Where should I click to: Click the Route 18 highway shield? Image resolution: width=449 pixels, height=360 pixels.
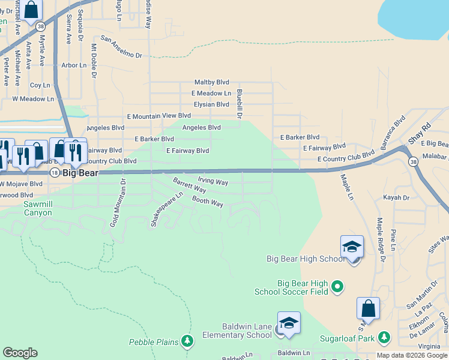(54, 172)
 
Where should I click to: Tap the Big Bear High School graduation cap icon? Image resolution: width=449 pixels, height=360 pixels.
(352, 247)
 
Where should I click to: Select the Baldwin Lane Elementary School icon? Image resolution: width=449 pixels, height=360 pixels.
(289, 323)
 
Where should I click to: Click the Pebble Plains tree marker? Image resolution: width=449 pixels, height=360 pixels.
(188, 341)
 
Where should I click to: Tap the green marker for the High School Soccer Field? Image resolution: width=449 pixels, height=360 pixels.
(337, 287)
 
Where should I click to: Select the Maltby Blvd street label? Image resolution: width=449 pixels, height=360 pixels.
(212, 82)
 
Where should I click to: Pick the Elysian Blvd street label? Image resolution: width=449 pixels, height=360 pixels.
(211, 104)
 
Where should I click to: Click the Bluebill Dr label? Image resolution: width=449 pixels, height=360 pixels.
(239, 103)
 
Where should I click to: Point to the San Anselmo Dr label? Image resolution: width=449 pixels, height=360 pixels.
(121, 48)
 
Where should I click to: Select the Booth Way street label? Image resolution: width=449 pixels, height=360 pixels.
(208, 202)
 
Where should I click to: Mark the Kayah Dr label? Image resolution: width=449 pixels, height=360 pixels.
(396, 197)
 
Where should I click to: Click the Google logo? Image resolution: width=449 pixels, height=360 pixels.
(20, 353)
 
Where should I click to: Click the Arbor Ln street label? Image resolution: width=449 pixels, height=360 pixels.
(74, 65)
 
